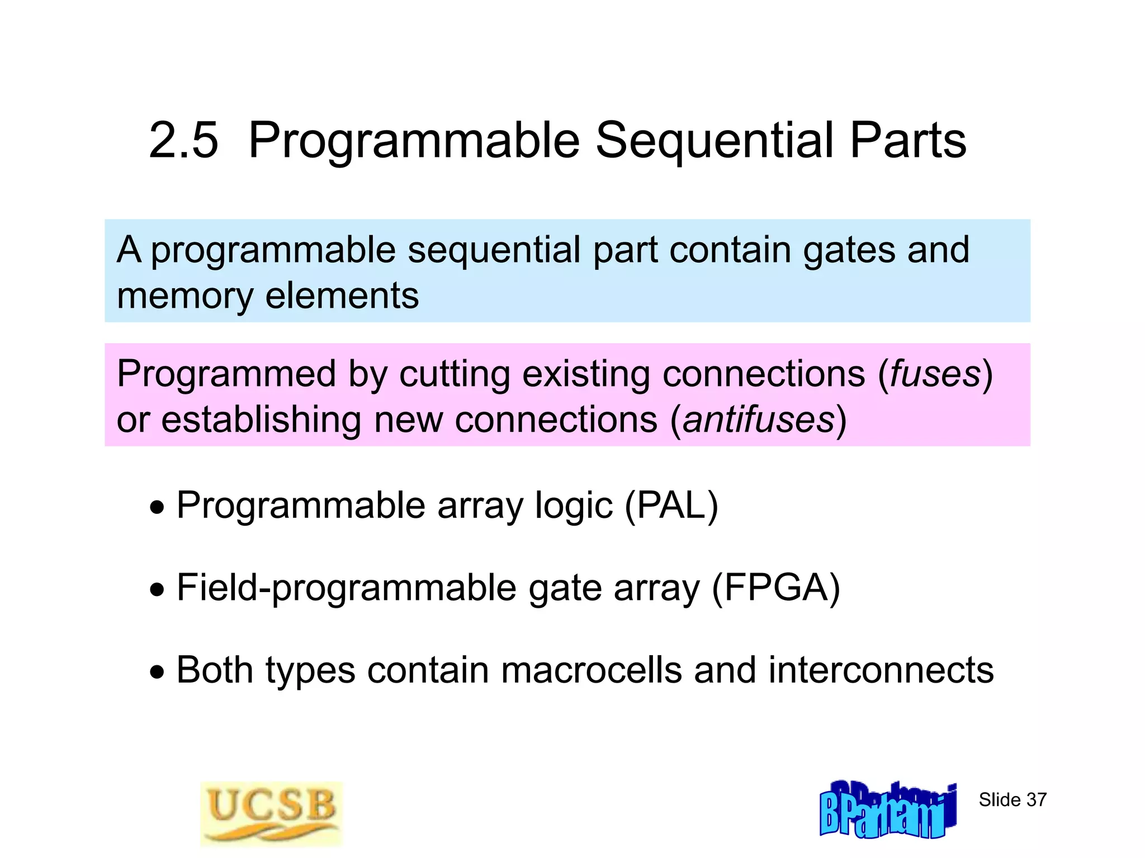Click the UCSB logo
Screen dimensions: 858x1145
click(272, 813)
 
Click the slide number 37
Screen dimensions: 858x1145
click(1012, 800)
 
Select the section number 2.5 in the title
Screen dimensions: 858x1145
click(183, 140)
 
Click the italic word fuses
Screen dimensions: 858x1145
click(935, 374)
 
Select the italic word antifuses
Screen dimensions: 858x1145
click(759, 420)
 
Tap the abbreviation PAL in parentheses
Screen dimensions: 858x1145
click(671, 506)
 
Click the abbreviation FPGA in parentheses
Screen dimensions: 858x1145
click(775, 588)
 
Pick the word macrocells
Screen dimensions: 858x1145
click(592, 670)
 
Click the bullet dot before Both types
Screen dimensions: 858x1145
click(158, 672)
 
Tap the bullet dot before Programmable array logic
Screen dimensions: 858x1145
click(158, 508)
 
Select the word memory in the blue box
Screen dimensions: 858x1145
click(185, 296)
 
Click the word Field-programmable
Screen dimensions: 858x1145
click(347, 588)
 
